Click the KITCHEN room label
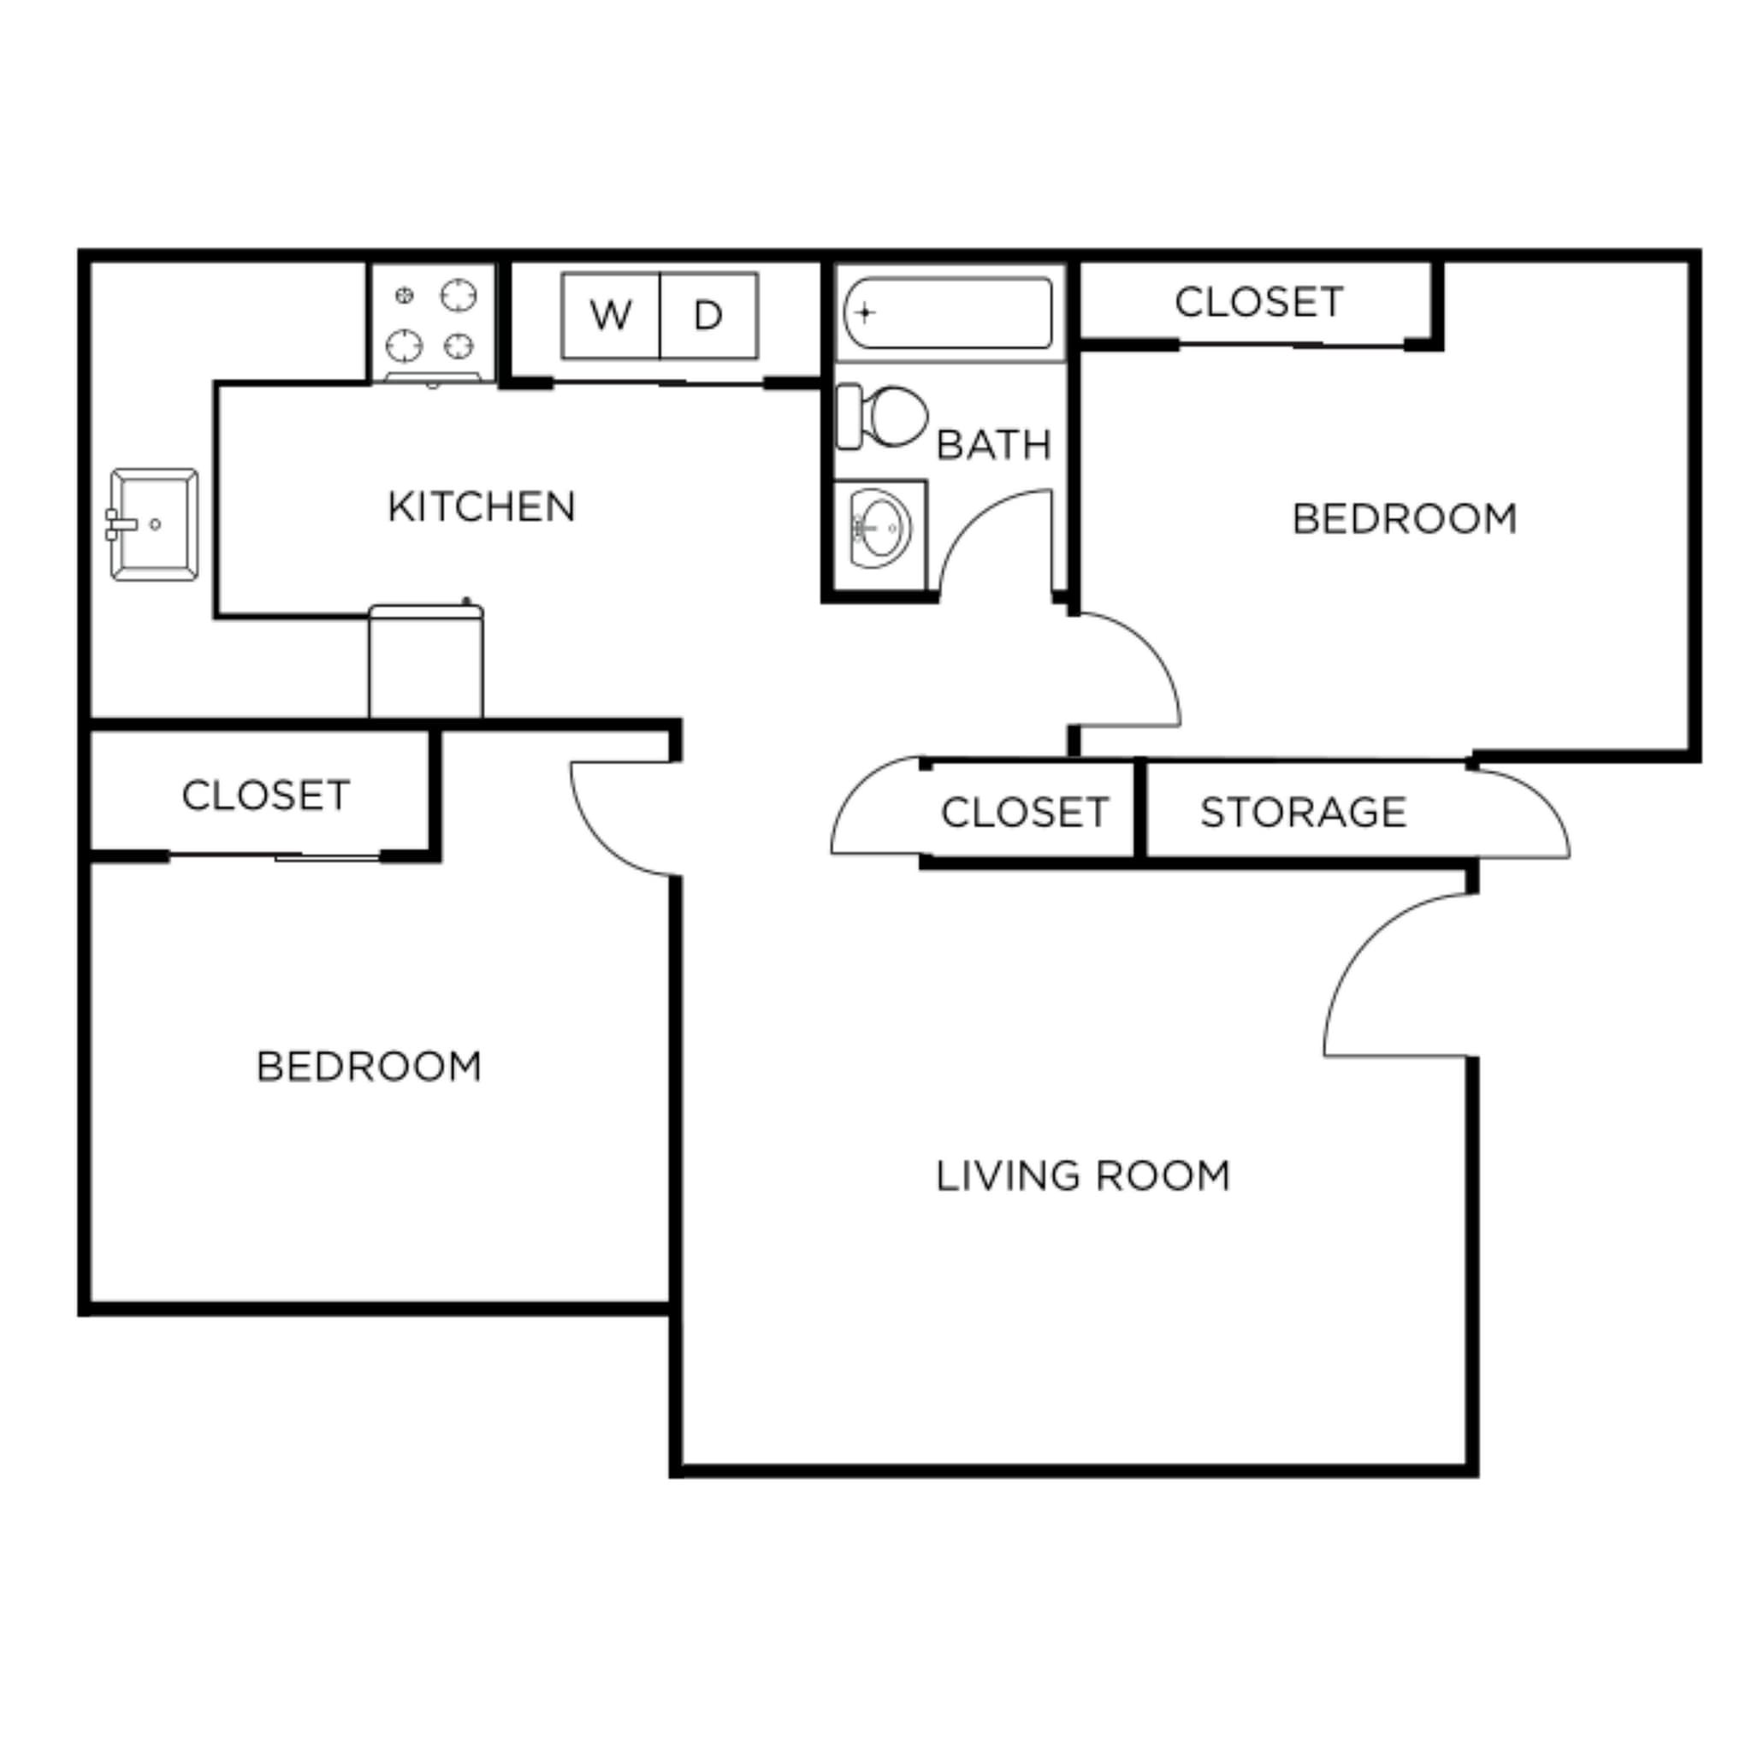[x=482, y=507]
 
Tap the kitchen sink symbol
[x=153, y=524]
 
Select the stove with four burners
[x=433, y=321]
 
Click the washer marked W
[x=610, y=316]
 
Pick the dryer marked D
[x=708, y=316]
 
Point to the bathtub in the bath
[x=949, y=313]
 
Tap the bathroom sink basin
[x=879, y=528]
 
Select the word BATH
[x=993, y=445]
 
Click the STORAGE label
[x=1303, y=813]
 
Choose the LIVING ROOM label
[x=1083, y=1176]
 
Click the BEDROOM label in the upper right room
[x=1404, y=519]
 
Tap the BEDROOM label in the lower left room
[x=368, y=1067]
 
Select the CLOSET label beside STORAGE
[x=1025, y=813]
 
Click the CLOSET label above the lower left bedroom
[x=266, y=796]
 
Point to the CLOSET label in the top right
[x=1258, y=303]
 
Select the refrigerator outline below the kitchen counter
[x=425, y=662]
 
